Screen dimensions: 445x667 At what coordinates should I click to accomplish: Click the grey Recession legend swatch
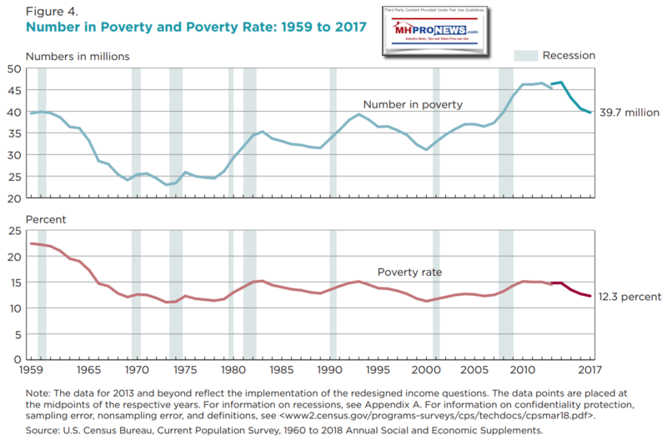tap(524, 56)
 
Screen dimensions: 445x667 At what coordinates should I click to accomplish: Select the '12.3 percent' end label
tap(630, 296)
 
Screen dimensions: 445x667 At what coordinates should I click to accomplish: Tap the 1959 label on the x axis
tap(33, 369)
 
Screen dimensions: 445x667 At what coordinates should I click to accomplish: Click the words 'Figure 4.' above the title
tap(49, 11)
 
